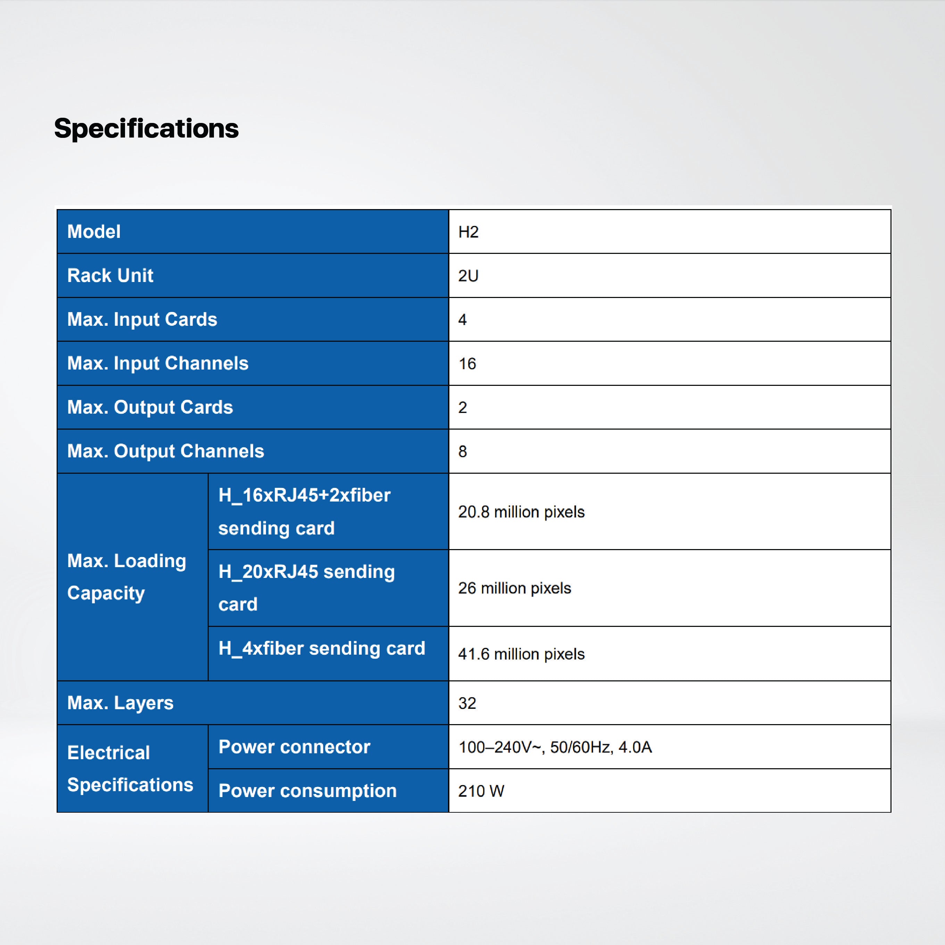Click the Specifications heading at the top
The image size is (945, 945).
click(x=146, y=129)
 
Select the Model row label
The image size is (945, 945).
click(x=94, y=231)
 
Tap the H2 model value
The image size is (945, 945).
click(x=468, y=232)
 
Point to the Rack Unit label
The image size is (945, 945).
click(x=110, y=275)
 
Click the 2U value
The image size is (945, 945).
click(x=468, y=276)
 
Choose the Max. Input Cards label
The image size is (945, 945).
click(x=142, y=320)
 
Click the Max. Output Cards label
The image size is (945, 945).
click(x=150, y=407)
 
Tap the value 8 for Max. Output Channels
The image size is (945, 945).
click(x=462, y=451)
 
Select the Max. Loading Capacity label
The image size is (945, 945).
click(x=127, y=577)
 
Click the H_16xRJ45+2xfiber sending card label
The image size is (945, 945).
click(x=304, y=512)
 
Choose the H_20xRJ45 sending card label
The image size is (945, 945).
click(x=307, y=587)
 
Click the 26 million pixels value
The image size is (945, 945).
click(x=515, y=588)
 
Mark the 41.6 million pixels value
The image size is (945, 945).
click(x=521, y=654)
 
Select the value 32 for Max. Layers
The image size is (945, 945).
click(x=467, y=703)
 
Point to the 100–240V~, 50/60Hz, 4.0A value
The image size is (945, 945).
click(x=555, y=747)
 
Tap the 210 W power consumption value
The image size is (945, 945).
click(x=481, y=791)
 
